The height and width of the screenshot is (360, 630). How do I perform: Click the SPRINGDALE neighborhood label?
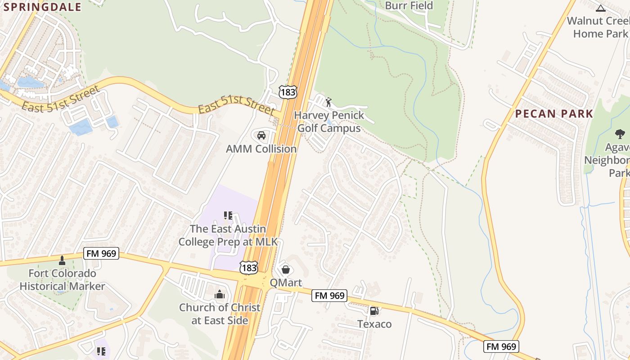pyautogui.click(x=43, y=7)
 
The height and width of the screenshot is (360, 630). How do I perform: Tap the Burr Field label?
pyautogui.click(x=409, y=5)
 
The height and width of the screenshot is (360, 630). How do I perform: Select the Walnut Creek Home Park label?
pyautogui.click(x=598, y=27)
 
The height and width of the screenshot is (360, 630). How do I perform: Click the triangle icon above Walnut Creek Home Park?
pyautogui.click(x=600, y=8)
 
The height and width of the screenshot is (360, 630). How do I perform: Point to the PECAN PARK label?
pyautogui.click(x=554, y=114)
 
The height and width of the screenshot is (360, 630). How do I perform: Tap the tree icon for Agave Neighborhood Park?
pyautogui.click(x=620, y=134)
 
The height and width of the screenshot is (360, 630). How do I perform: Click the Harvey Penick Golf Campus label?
pyautogui.click(x=329, y=121)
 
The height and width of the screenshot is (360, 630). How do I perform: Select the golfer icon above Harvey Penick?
pyautogui.click(x=328, y=102)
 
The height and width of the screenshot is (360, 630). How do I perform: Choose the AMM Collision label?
pyautogui.click(x=261, y=149)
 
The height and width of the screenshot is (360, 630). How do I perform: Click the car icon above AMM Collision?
pyautogui.click(x=261, y=135)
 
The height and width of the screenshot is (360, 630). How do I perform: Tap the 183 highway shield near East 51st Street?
pyautogui.click(x=288, y=92)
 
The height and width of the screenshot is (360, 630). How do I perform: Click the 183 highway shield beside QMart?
pyautogui.click(x=248, y=267)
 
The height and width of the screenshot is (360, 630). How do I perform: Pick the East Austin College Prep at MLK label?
pyautogui.click(x=228, y=235)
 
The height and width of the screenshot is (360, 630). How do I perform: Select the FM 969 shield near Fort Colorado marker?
pyautogui.click(x=101, y=254)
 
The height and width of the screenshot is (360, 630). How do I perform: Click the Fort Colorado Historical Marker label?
pyautogui.click(x=62, y=279)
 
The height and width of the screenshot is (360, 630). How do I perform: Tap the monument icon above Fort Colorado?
pyautogui.click(x=62, y=260)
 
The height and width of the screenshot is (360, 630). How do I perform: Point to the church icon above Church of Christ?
pyautogui.click(x=220, y=294)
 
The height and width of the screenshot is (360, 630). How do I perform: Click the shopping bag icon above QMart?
pyautogui.click(x=285, y=270)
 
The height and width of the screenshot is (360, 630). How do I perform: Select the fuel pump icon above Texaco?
pyautogui.click(x=374, y=310)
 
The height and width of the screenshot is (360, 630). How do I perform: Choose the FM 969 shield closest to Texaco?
pyautogui.click(x=330, y=296)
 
